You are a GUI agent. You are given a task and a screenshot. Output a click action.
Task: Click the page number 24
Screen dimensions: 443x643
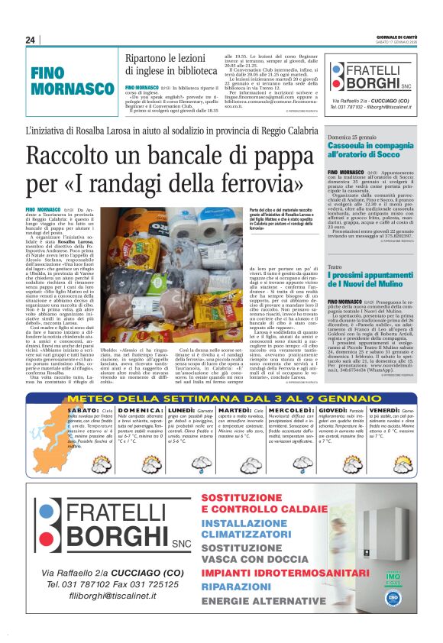tap(31, 40)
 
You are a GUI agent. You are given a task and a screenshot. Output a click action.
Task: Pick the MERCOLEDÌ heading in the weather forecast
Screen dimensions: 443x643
tap(290, 412)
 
